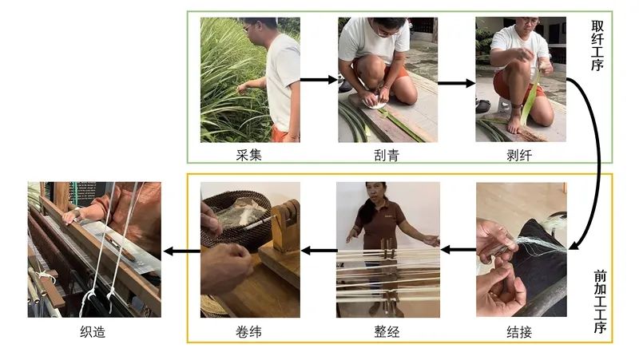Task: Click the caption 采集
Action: coord(248,155)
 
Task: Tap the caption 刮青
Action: coord(387,155)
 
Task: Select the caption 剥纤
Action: coord(519,155)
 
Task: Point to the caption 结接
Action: coord(519,332)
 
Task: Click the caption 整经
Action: coord(387,332)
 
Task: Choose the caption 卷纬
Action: coord(248,332)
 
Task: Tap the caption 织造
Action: coord(93,332)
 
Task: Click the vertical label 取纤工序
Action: coord(597,46)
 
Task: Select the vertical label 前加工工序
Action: coord(600,302)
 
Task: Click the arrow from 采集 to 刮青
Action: coord(319,80)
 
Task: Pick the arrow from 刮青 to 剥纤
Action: coord(456,83)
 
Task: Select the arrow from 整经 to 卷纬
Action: coord(318,250)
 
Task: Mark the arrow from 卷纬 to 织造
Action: coord(181,251)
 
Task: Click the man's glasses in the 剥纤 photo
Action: coord(528,22)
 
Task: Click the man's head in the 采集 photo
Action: coord(257,30)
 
